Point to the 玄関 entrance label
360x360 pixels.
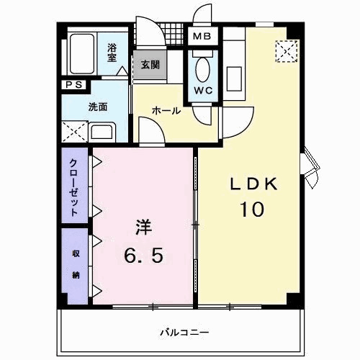[150, 64]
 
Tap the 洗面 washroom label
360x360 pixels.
[98, 107]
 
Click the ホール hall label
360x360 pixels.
[165, 111]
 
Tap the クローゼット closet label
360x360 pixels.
[73, 188]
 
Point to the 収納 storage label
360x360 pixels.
[75, 264]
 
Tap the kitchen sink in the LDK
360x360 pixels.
[233, 76]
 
